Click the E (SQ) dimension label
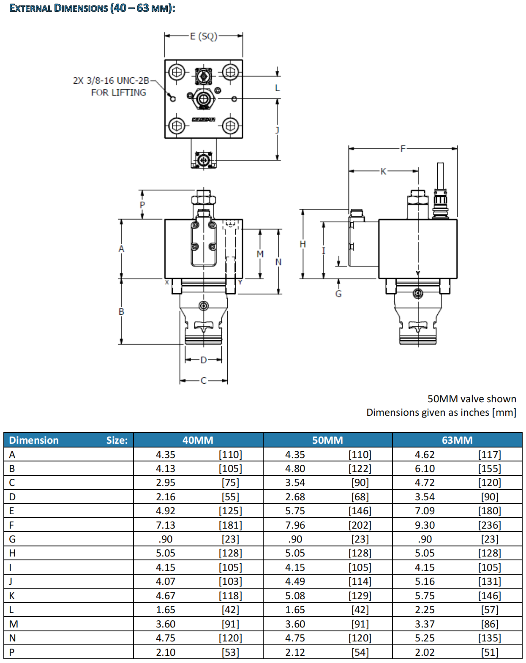[203, 36]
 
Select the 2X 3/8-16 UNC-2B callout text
[111, 81]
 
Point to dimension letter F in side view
[403, 148]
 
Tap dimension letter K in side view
[383, 171]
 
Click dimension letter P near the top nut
[142, 205]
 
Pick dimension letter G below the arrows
[338, 294]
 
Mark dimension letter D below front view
[204, 360]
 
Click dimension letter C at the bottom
[204, 381]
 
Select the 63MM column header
[457, 440]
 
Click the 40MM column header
[198, 440]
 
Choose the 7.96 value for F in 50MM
[295, 525]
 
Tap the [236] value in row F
[490, 525]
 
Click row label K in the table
[12, 596]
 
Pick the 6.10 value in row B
[425, 469]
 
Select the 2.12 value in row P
[295, 652]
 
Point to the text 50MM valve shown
[471, 399]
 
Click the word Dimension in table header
[34, 440]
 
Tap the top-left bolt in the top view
[177, 72]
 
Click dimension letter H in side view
[303, 244]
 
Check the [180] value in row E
[490, 511]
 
